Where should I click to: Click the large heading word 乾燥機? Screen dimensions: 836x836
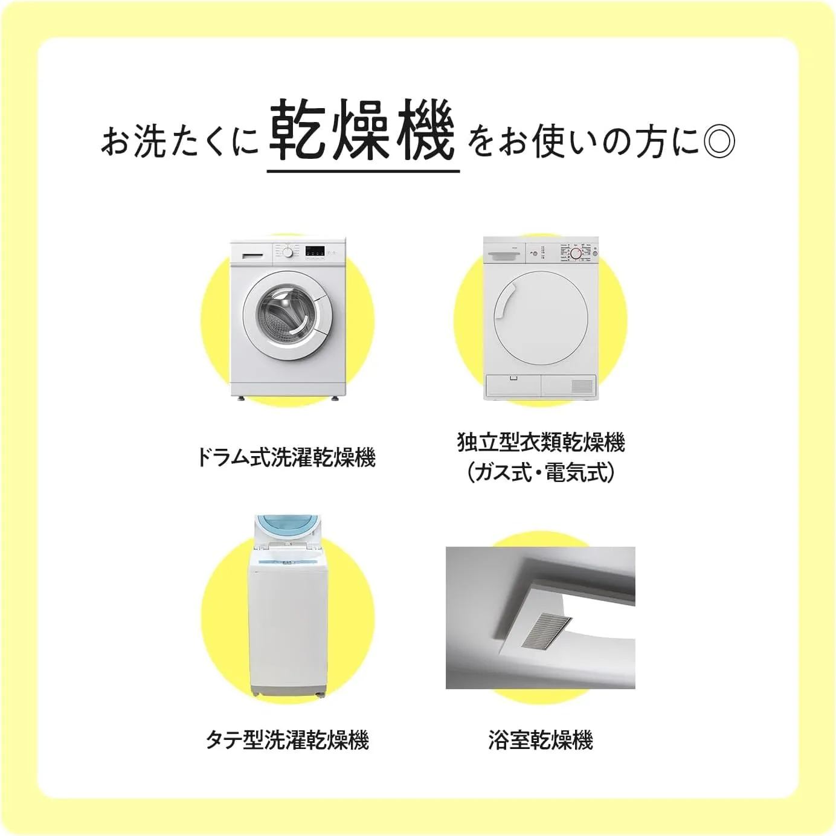pos(362,130)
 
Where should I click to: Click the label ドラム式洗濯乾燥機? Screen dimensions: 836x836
pos(287,458)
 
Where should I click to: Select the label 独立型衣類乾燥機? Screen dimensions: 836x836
pos(541,443)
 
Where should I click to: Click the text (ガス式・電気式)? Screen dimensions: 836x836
pos(541,472)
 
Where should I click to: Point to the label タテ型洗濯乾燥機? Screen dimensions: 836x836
pos(287,740)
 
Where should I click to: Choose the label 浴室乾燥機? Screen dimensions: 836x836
pos(540,740)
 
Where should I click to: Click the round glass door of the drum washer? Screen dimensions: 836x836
pos(289,315)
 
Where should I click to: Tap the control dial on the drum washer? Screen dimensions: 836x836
pos(287,253)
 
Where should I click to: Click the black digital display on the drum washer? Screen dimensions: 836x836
pos(315,251)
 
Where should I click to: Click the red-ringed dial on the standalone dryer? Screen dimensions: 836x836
pos(575,253)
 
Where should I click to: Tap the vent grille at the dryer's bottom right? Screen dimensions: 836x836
pos(582,385)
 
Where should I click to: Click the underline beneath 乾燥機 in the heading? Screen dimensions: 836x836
pos(363,172)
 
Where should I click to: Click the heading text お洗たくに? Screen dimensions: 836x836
pos(179,141)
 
